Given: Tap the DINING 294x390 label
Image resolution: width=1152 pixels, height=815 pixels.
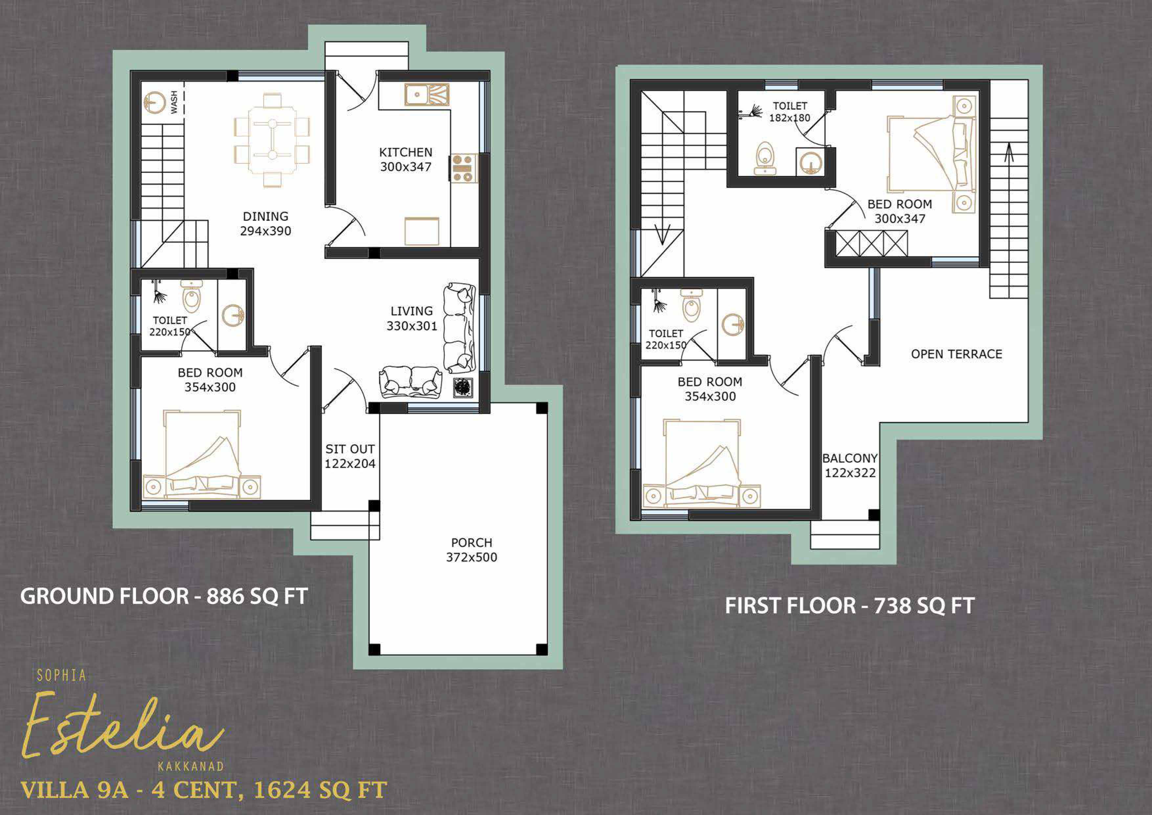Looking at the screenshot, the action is (x=265, y=223).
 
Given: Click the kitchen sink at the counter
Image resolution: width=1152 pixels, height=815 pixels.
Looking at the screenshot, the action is (x=427, y=94).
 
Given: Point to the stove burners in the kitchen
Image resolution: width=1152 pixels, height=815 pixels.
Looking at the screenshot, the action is (x=464, y=168).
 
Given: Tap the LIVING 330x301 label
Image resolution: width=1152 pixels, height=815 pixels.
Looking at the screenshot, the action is (x=411, y=318).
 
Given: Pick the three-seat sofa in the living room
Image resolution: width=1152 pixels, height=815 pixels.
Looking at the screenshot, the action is (x=459, y=327).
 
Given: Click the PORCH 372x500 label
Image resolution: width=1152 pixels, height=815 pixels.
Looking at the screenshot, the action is (x=472, y=550).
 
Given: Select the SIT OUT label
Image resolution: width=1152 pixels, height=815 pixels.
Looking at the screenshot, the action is (x=350, y=449).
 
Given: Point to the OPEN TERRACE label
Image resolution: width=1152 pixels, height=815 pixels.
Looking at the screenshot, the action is (x=956, y=354).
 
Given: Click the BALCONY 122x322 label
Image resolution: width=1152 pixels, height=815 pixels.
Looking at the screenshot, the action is (x=850, y=465).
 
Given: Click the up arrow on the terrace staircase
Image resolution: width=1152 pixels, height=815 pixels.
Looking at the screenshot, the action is (x=1008, y=152).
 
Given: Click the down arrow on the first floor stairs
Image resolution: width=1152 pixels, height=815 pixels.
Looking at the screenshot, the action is (x=662, y=235).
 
